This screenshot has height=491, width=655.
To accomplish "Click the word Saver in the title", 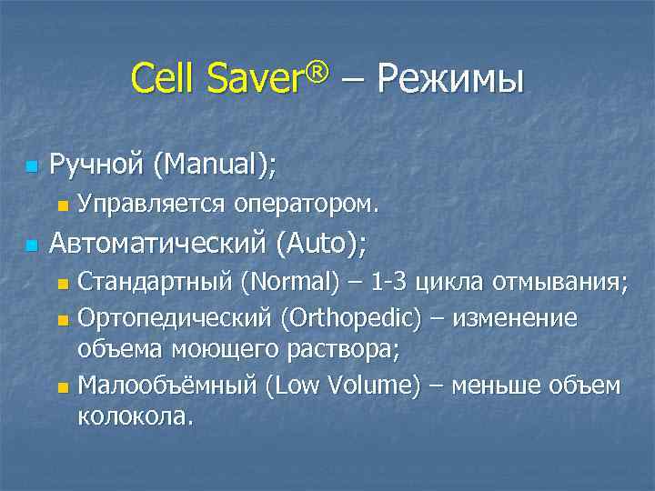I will click(250, 79).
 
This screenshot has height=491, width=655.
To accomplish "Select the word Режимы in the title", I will click(449, 79).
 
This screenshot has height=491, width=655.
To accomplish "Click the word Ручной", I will click(97, 165).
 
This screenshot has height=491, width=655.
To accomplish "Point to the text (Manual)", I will click(215, 165).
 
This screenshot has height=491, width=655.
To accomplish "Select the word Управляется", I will click(151, 204).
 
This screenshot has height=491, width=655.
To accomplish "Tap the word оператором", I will click(306, 204).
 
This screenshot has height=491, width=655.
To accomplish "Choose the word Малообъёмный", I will click(167, 385).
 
